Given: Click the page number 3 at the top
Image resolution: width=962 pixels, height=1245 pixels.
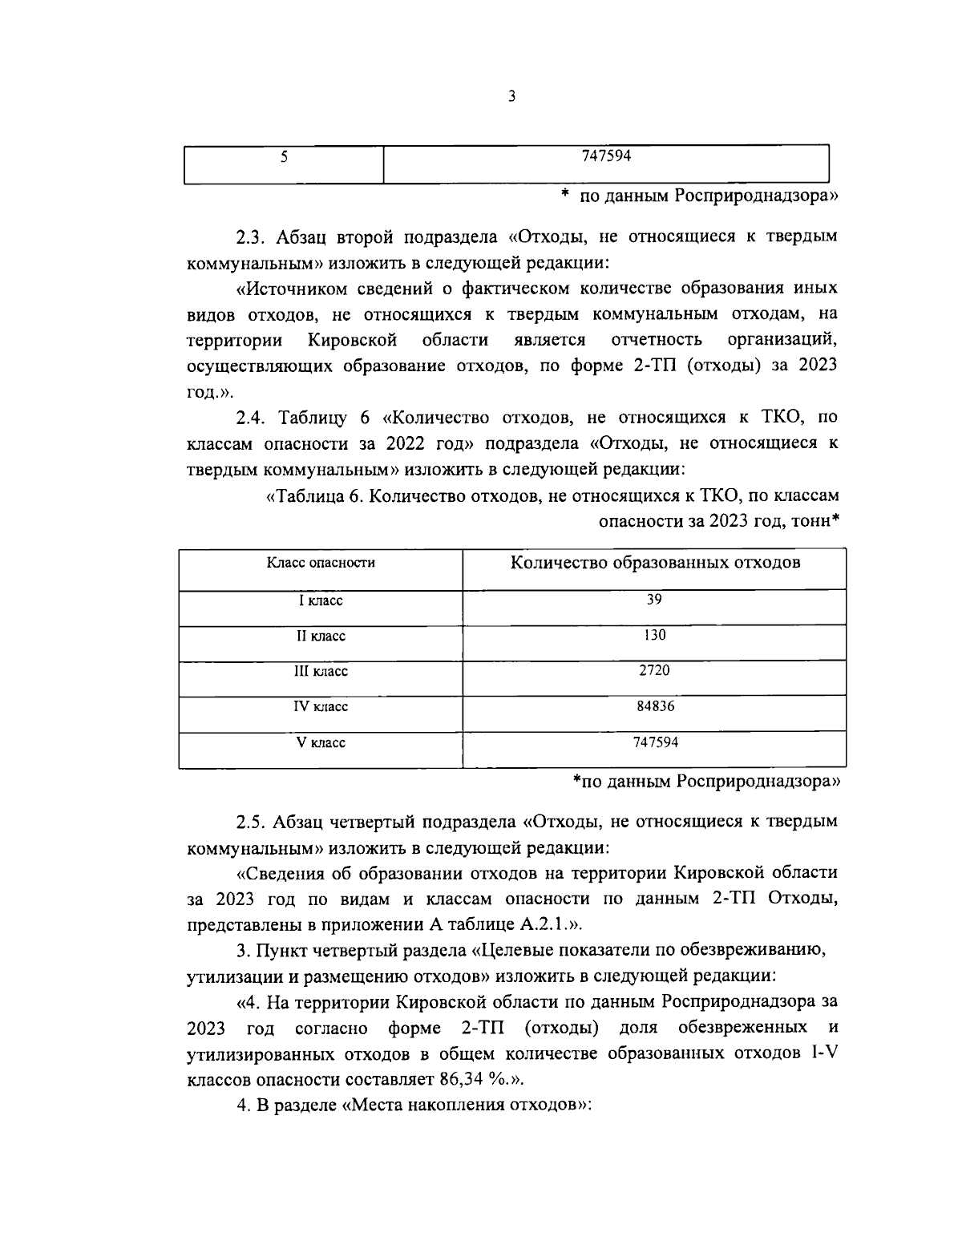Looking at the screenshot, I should coord(511,97).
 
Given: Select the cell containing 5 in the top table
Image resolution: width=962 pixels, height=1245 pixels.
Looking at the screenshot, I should coord(284,157).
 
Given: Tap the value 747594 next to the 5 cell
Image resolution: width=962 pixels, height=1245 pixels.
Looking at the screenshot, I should coord(607,157).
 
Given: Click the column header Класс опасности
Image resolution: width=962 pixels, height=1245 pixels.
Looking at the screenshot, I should coord(321,563).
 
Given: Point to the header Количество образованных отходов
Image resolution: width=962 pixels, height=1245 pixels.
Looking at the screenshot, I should coord(655,563).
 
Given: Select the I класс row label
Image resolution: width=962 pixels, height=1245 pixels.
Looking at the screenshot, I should coord(321,600).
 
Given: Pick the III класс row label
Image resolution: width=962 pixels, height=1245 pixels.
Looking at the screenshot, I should coord(321,671).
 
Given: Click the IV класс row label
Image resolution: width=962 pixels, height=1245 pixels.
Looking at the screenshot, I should coord(321,707).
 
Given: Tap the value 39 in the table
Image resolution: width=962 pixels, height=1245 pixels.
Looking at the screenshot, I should coord(654,600).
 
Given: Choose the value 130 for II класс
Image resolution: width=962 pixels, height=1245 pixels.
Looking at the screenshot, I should coord(654,635).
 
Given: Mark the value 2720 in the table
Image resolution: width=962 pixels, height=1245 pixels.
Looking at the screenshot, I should coord(654,671).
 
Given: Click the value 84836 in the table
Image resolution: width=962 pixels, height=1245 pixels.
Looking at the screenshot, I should coord(654,706).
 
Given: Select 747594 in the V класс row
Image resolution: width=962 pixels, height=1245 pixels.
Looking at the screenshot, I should coord(654,742).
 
